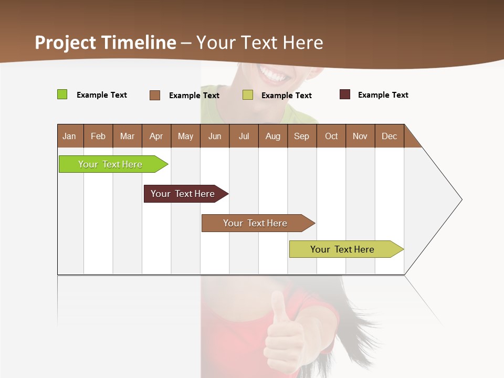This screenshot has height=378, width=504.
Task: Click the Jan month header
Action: (x=69, y=136)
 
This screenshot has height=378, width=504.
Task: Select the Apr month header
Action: (x=156, y=136)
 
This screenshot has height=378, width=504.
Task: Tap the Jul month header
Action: (x=244, y=136)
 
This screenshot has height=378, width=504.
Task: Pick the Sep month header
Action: (x=301, y=136)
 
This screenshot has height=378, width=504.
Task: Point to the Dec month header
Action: (x=389, y=136)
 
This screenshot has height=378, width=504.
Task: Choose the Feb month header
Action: (x=98, y=136)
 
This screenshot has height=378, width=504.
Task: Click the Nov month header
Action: (x=360, y=136)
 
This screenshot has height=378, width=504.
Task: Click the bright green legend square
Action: (x=62, y=94)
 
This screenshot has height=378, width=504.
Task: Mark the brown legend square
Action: (x=155, y=95)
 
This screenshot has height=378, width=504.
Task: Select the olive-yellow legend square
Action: (x=248, y=95)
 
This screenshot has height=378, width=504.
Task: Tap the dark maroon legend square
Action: (x=345, y=94)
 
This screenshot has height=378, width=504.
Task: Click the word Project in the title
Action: (x=66, y=43)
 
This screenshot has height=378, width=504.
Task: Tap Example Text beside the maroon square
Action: (x=383, y=94)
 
